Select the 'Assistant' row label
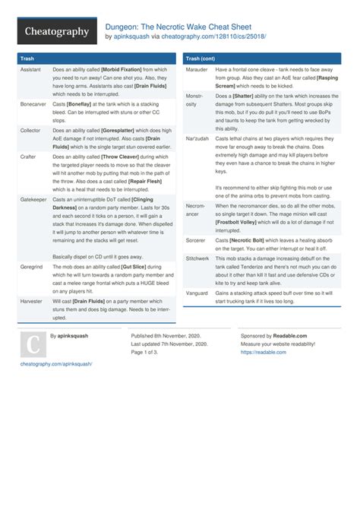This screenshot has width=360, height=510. click(x=30, y=69)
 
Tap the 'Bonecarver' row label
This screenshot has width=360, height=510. click(x=33, y=103)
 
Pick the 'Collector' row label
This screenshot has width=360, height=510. click(x=30, y=130)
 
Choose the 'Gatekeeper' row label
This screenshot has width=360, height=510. click(x=34, y=199)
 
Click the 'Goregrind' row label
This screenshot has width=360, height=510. click(x=33, y=267)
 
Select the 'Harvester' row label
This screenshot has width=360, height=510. click(x=32, y=301)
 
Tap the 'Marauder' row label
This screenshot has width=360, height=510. click(x=197, y=69)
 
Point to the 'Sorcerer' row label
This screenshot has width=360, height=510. click(x=197, y=239)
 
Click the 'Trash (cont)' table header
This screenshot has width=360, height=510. click(x=204, y=58)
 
